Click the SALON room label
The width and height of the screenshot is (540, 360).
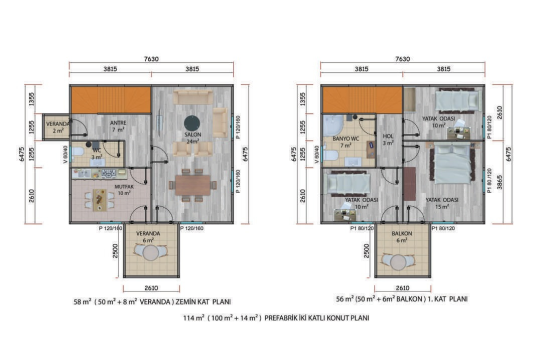pyautogui.click(x=192, y=134)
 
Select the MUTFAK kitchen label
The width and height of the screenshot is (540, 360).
pyautogui.click(x=124, y=186)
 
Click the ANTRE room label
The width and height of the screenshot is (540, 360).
pyautogui.click(x=118, y=122)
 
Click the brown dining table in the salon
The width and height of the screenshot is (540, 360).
pyautogui.click(x=192, y=185)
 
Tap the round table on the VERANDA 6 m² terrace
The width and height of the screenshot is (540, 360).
pyautogui.click(x=150, y=253)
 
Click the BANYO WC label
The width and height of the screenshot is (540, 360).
pyautogui.click(x=345, y=138)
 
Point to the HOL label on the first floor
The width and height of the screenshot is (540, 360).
pyautogui.click(x=388, y=136)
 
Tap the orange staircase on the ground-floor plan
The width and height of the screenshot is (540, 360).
pyautogui.click(x=111, y=99)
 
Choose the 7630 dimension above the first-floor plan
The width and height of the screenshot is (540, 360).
pyautogui.click(x=402, y=59)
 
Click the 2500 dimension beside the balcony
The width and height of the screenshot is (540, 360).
pyautogui.click(x=366, y=251)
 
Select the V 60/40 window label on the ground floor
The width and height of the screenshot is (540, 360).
pyautogui.click(x=65, y=154)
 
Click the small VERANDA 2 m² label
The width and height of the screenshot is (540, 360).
pyautogui.click(x=58, y=127)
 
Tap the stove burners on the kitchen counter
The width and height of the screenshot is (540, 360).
pyautogui.click(x=109, y=173)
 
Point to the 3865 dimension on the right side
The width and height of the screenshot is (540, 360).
pyautogui.click(x=499, y=182)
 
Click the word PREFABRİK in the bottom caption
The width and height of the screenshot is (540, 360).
pyautogui.click(x=279, y=317)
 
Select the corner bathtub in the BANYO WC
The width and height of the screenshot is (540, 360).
pyautogui.click(x=332, y=125)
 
